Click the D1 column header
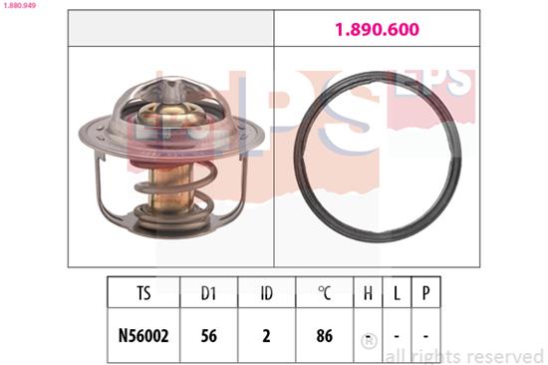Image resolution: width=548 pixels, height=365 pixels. tap(208, 294)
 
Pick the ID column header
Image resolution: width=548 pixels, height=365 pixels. tap(266, 294)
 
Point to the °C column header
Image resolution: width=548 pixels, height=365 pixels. tap(324, 294)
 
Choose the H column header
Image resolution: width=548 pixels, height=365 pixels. tap(368, 294)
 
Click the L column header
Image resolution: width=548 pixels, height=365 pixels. tap(398, 294)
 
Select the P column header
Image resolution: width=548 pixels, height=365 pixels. tap(425, 294)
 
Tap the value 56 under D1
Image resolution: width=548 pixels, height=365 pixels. tap(208, 336)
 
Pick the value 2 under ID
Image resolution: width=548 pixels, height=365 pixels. tap(266, 336)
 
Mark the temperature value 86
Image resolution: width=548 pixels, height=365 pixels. tap(324, 336)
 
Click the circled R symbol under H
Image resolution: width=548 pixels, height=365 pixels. tap(368, 338)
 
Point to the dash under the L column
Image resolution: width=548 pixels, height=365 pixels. tap(398, 336)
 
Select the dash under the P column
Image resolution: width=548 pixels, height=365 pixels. tap(425, 336)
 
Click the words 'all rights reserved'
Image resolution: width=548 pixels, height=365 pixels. tap(463, 355)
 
